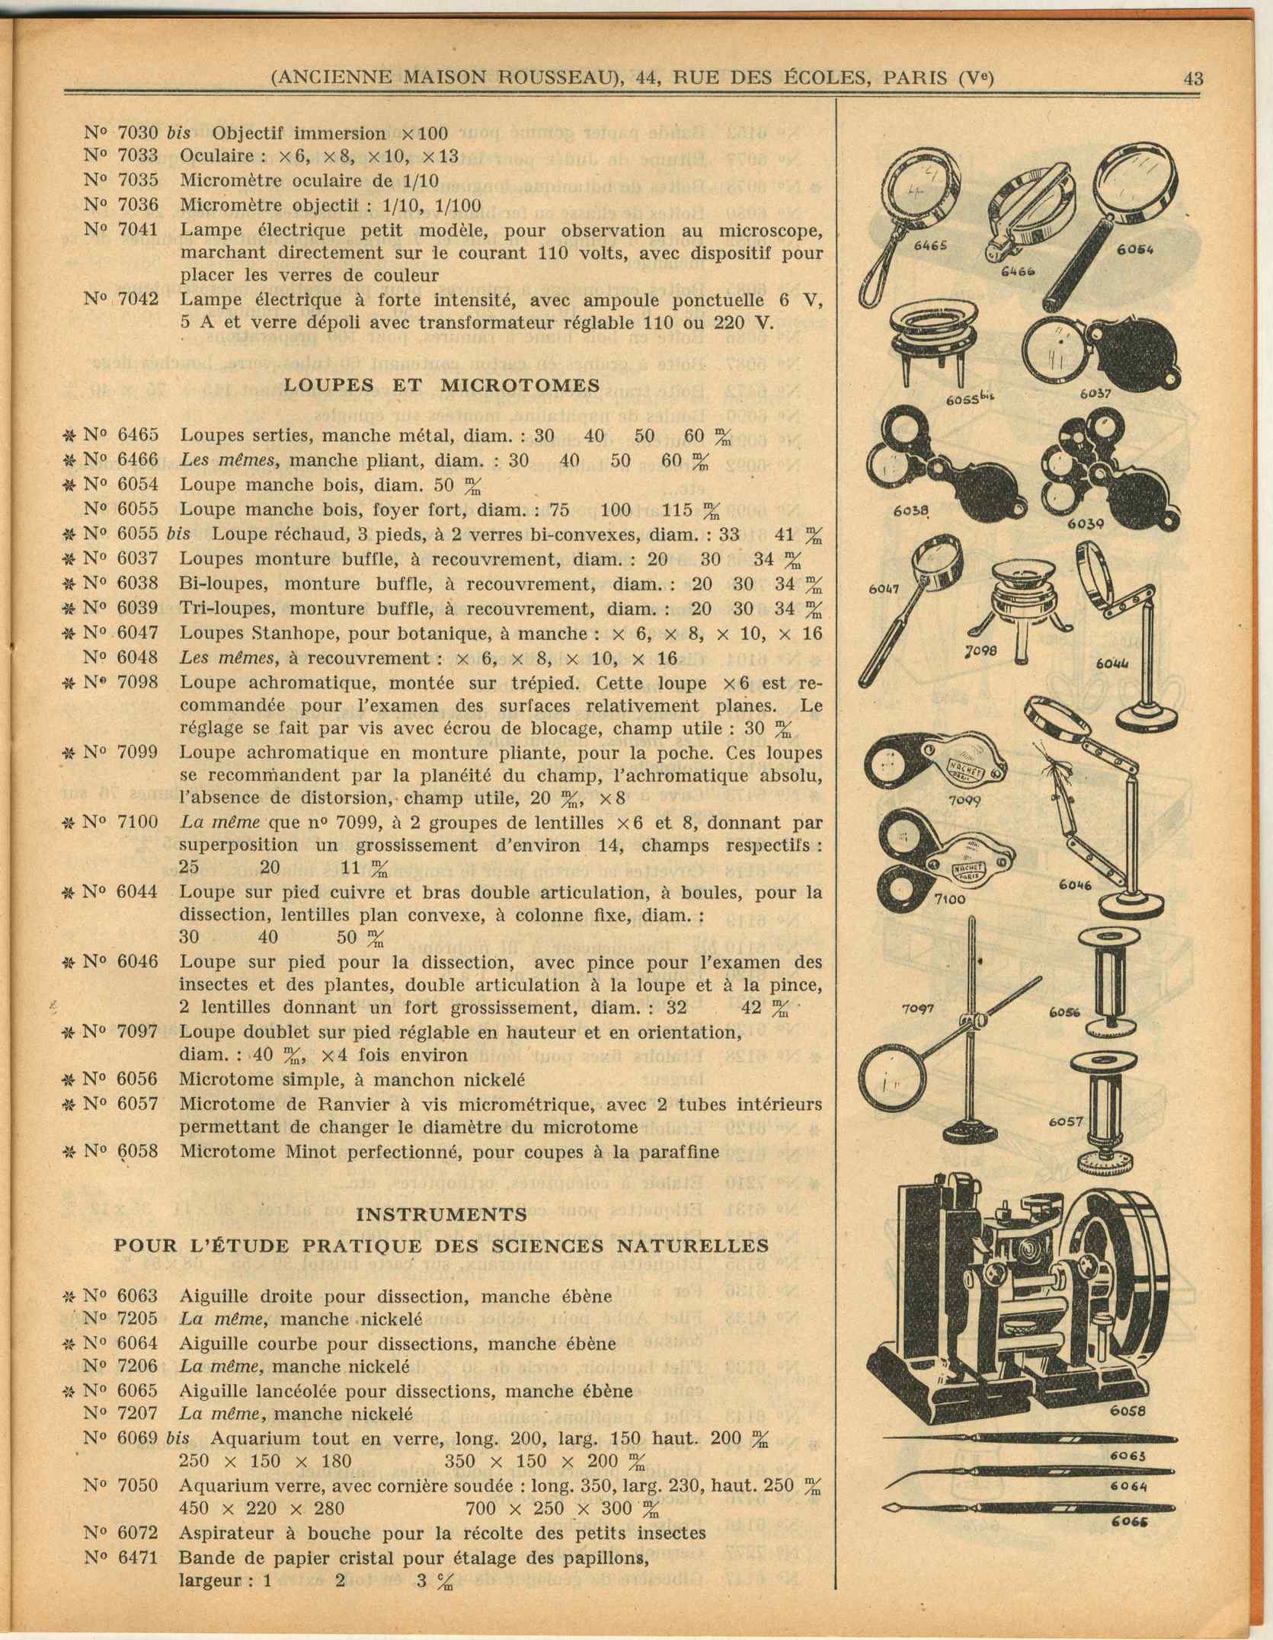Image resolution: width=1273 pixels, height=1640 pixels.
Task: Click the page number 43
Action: click(1193, 78)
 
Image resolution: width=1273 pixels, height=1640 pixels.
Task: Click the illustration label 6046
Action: click(1075, 884)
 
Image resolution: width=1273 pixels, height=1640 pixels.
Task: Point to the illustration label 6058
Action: click(1127, 1410)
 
